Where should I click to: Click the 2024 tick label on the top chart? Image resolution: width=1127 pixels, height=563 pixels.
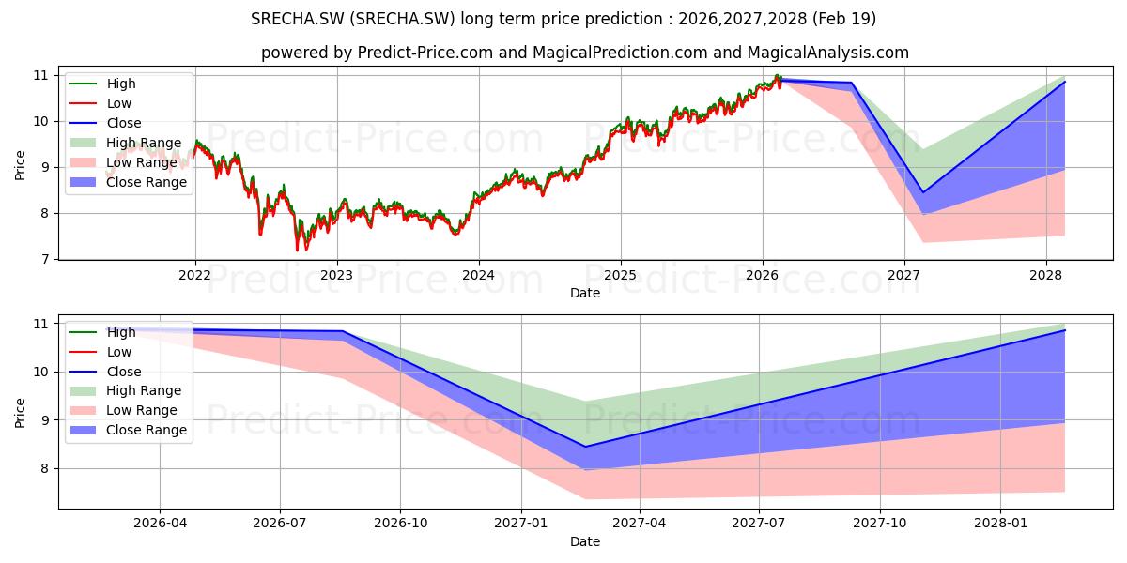[x=478, y=276]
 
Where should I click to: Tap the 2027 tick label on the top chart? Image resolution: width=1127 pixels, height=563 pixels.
[x=903, y=276]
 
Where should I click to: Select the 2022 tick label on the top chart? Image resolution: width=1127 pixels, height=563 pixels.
[x=194, y=276]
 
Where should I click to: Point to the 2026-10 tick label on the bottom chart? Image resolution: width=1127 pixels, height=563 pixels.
[x=400, y=524]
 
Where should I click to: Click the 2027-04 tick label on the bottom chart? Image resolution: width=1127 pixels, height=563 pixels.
[x=639, y=524]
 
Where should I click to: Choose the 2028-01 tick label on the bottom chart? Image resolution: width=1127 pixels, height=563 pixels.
[x=1000, y=524]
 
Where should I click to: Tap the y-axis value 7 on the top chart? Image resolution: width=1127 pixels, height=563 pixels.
[x=45, y=259]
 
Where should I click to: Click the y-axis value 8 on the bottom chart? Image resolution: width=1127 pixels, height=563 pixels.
[x=45, y=468]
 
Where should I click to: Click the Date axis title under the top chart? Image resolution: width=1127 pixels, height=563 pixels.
[x=584, y=293]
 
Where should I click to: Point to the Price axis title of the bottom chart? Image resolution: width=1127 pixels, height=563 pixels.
[x=20, y=413]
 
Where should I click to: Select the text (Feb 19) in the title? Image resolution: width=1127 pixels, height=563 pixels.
[x=844, y=19]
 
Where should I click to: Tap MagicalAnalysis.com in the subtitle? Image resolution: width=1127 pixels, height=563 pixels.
[x=827, y=53]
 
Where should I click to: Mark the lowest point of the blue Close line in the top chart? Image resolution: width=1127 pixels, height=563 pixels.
[x=922, y=192]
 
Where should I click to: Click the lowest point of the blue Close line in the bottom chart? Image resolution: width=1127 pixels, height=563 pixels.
[x=585, y=447]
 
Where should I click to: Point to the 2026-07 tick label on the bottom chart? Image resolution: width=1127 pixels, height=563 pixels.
[x=280, y=524]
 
